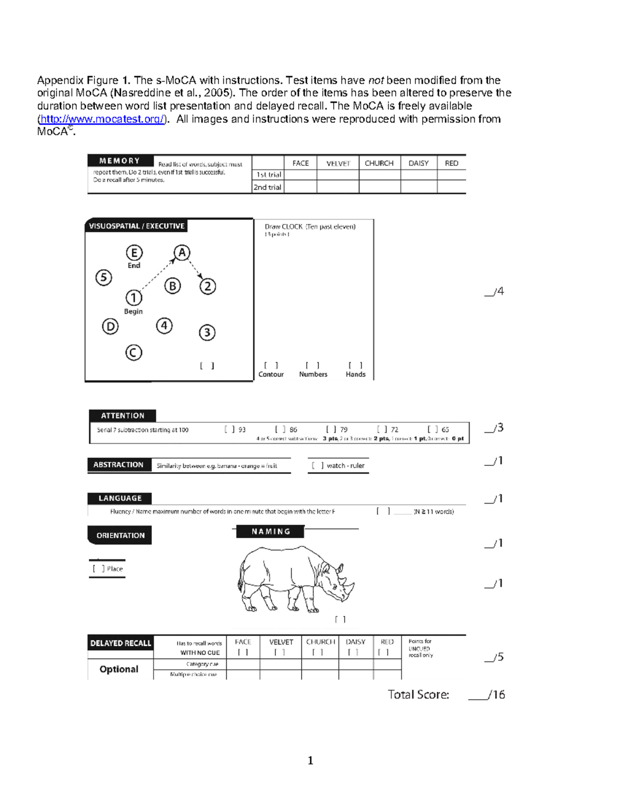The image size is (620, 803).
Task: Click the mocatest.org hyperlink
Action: [102, 119]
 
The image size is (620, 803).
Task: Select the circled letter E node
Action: [134, 253]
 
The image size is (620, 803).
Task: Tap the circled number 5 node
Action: [104, 278]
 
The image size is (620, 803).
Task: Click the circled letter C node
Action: [133, 353]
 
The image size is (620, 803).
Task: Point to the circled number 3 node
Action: [207, 332]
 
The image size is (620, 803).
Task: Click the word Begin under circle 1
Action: [133, 311]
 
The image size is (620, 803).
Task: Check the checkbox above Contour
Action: [271, 365]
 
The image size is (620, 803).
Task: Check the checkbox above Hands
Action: [355, 365]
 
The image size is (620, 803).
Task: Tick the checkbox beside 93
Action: [229, 429]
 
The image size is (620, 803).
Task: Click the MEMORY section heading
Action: [120, 161]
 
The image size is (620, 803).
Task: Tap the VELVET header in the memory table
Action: [338, 163]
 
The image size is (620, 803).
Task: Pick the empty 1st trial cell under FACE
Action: [300, 175]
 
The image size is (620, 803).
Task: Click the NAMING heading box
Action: [270, 532]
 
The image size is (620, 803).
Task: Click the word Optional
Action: [119, 669]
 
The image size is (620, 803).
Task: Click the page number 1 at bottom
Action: [311, 760]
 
